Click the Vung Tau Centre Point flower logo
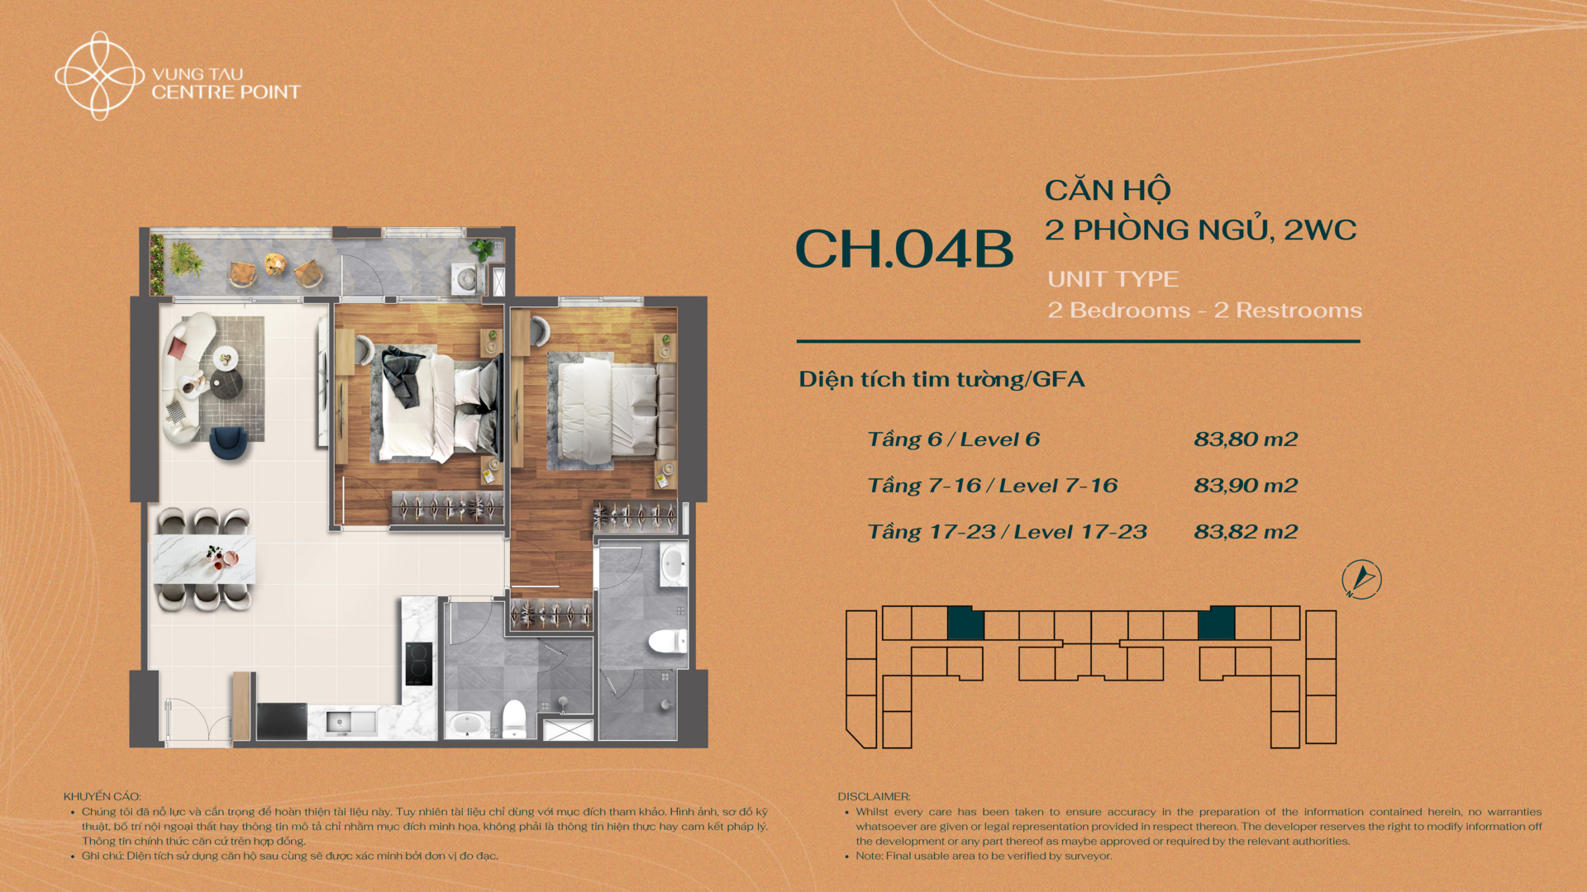(100, 76)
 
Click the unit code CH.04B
(904, 249)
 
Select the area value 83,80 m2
(1246, 439)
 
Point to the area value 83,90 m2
(1246, 486)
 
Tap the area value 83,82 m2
(1246, 532)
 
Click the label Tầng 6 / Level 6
(953, 439)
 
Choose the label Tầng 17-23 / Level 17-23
(1007, 532)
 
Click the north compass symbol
(1361, 579)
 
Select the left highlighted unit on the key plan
(965, 623)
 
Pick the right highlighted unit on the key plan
(1217, 623)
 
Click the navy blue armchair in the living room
(229, 443)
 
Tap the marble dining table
(204, 559)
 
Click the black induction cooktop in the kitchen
(419, 664)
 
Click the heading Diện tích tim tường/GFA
(941, 379)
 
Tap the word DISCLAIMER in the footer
(874, 796)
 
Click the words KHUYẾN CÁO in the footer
(102, 796)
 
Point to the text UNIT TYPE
(1113, 279)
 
